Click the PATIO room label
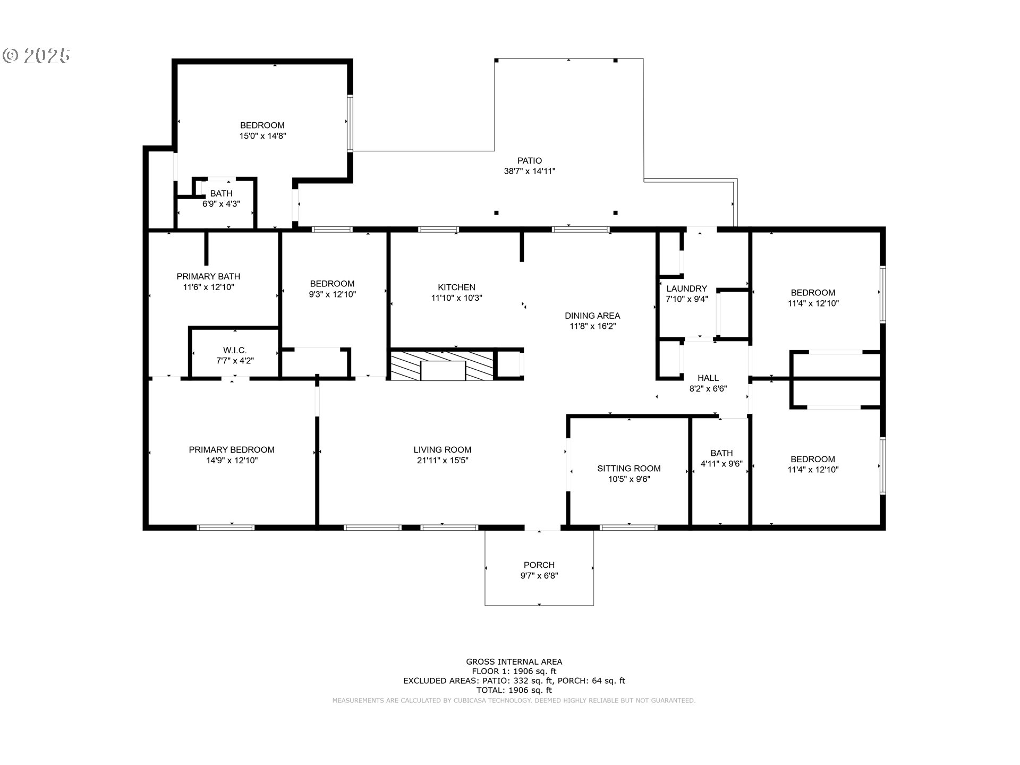(x=530, y=160)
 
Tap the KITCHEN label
(x=456, y=287)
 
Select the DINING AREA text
(x=592, y=316)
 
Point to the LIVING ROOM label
(x=443, y=450)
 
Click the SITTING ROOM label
(x=629, y=469)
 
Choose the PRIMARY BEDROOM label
(x=232, y=450)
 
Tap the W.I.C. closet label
(x=235, y=351)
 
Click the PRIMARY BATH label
(x=208, y=276)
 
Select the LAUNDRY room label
(x=687, y=288)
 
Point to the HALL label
(x=708, y=378)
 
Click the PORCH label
(x=539, y=565)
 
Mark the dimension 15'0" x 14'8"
(x=262, y=136)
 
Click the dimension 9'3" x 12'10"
(x=333, y=294)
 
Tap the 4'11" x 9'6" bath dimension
(x=721, y=464)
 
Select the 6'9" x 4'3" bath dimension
(x=221, y=203)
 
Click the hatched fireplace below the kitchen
(x=443, y=364)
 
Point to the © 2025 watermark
(x=36, y=55)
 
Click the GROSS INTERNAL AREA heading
(x=514, y=662)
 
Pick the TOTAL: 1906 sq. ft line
(x=514, y=691)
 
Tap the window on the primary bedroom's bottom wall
(x=226, y=528)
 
